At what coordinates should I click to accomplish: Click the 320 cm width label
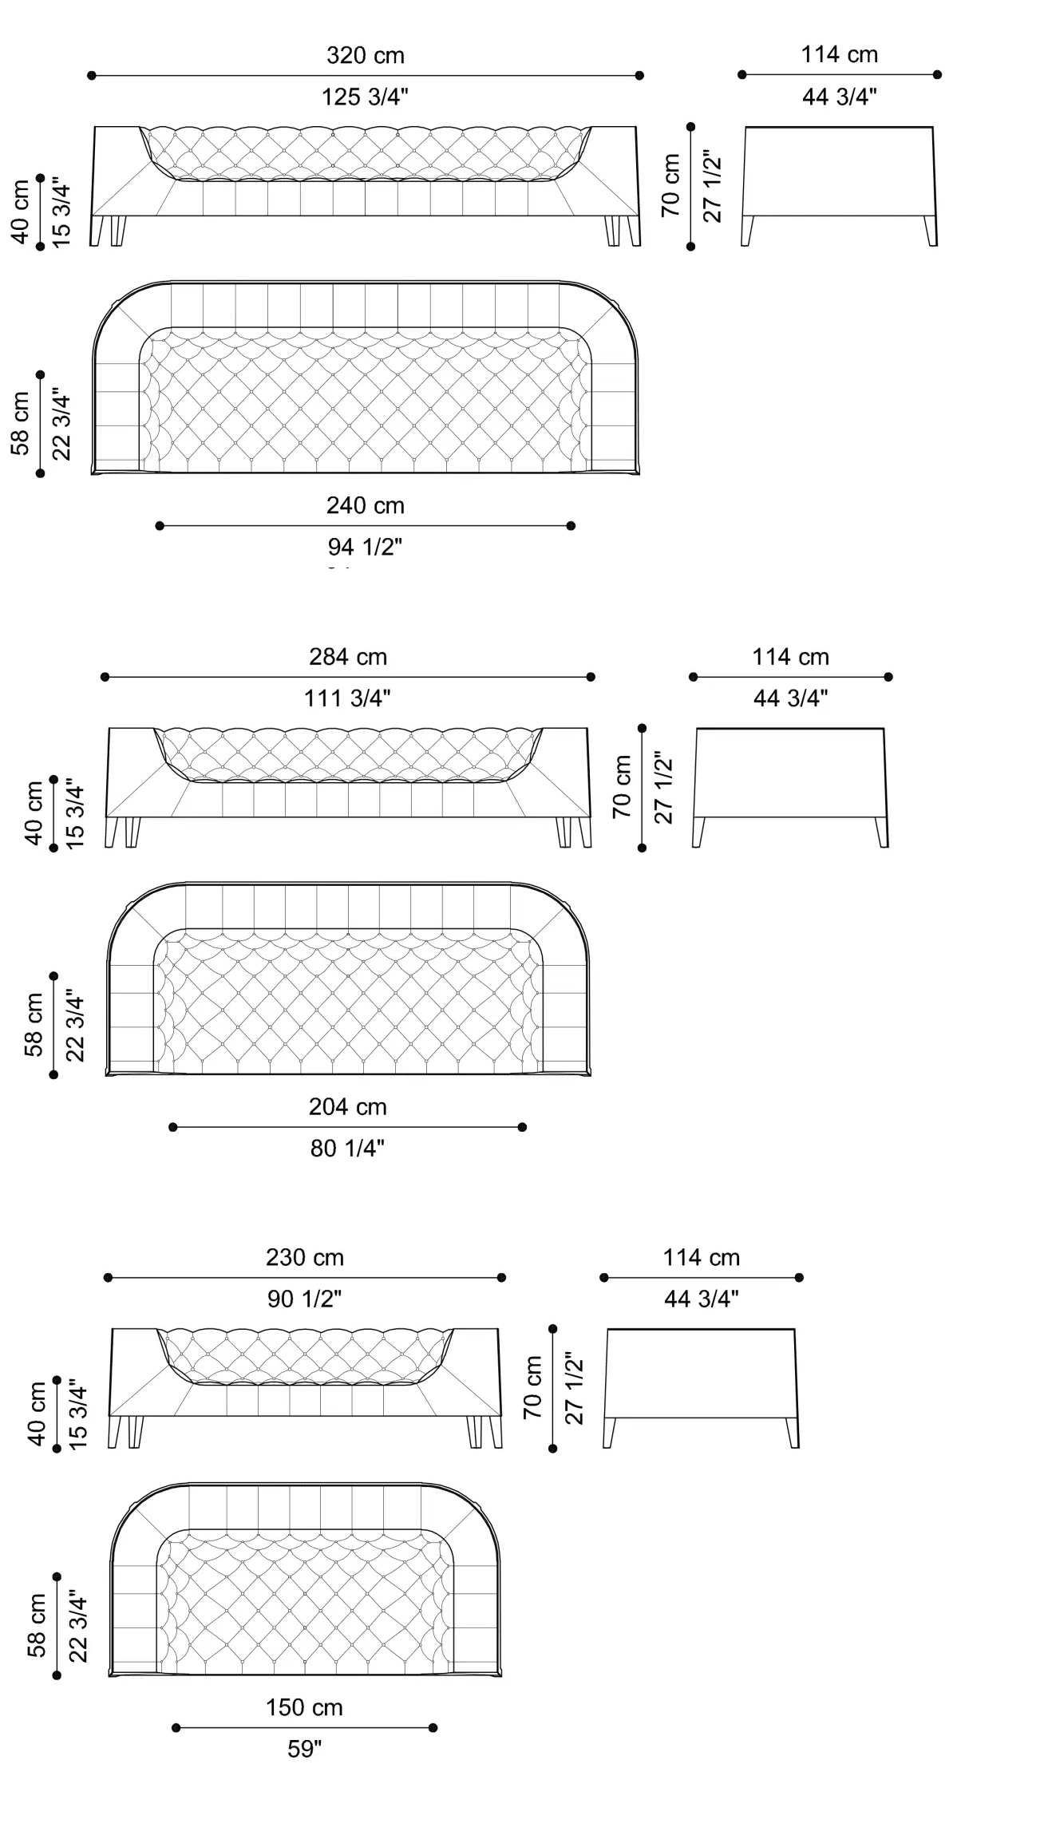click(x=366, y=56)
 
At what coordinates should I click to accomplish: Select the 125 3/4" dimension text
click(x=365, y=97)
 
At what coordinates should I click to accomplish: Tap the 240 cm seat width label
click(x=366, y=505)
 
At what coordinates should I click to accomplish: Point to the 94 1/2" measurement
click(x=365, y=547)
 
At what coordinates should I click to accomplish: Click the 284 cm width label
click(x=348, y=657)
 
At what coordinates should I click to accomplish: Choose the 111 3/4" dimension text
click(x=347, y=698)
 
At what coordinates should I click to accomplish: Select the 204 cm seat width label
click(x=348, y=1107)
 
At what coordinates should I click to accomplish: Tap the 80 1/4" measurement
click(x=347, y=1149)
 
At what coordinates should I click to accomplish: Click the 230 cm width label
click(x=305, y=1258)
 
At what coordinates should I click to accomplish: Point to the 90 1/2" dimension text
click(x=304, y=1299)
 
